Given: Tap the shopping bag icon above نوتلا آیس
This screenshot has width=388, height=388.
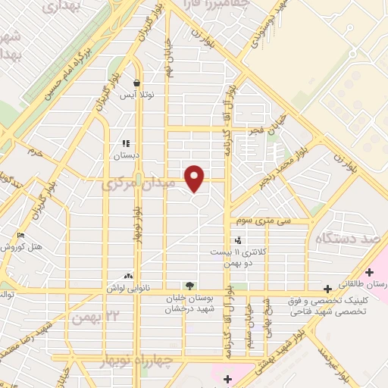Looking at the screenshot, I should pyautogui.click(x=136, y=84).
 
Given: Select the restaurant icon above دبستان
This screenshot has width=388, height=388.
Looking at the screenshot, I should pyautogui.click(x=127, y=142).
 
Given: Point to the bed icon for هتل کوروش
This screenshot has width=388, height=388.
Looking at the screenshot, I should pyautogui.click(x=20, y=236).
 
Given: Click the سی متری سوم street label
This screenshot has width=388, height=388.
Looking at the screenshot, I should pyautogui.click(x=284, y=221).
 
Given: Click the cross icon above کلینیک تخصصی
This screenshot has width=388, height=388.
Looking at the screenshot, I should pyautogui.click(x=327, y=289).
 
